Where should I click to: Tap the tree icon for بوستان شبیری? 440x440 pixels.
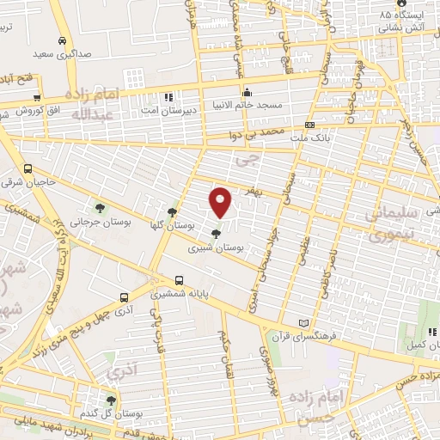coord(215,233)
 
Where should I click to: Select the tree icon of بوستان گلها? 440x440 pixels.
coord(172,211)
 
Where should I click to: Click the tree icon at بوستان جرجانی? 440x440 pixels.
coord(101,207)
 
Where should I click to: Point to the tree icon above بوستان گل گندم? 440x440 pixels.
coord(110,400)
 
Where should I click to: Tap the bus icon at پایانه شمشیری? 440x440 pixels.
coord(180,280)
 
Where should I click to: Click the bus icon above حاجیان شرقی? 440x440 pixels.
coord(29,168)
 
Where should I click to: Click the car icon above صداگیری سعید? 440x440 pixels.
coord(63,40)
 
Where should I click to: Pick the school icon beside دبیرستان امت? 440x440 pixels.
coord(168,96)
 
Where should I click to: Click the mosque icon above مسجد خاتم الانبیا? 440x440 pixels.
coord(247,93)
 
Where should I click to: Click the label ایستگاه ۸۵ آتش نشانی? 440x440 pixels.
coord(408,21)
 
